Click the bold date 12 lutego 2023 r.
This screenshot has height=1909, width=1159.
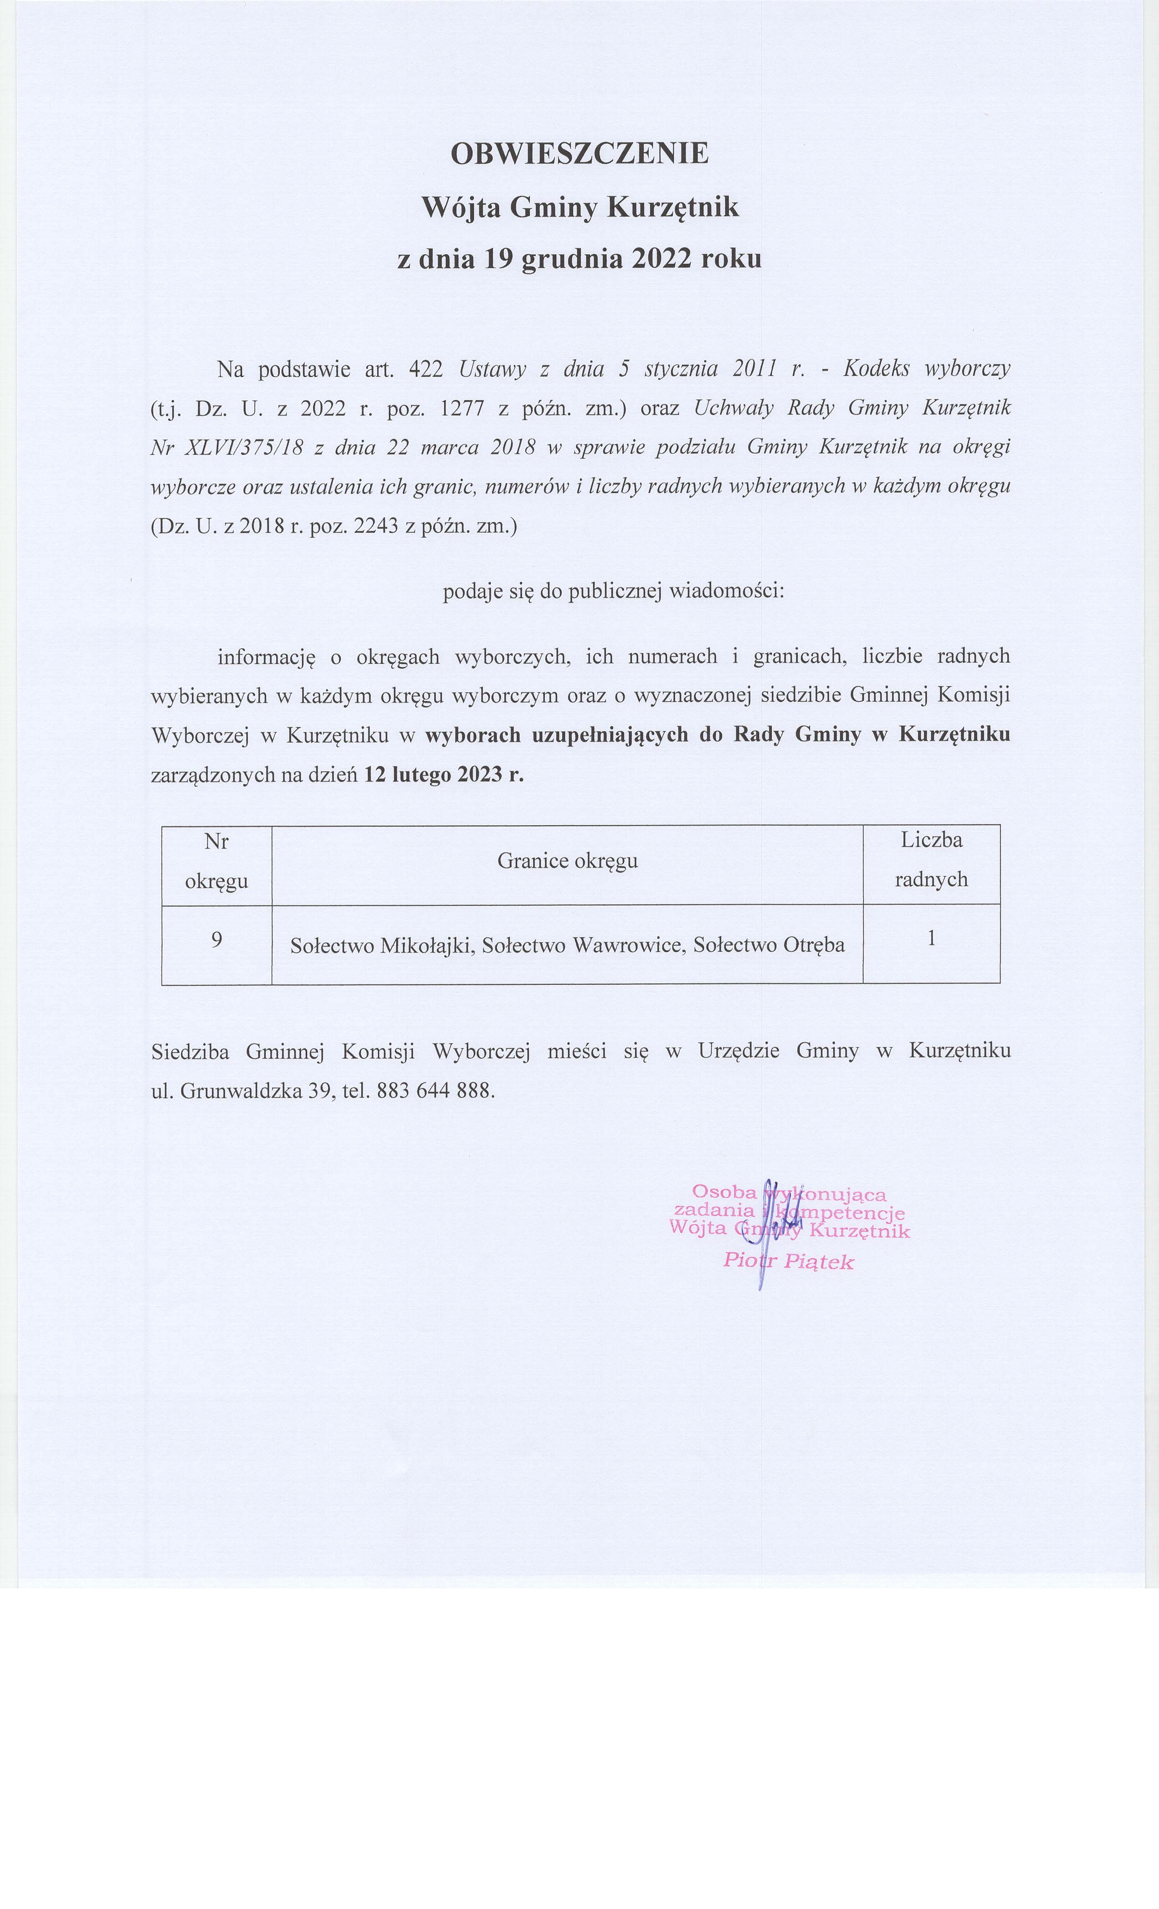click(443, 774)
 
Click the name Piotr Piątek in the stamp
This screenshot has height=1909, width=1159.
click(788, 1261)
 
